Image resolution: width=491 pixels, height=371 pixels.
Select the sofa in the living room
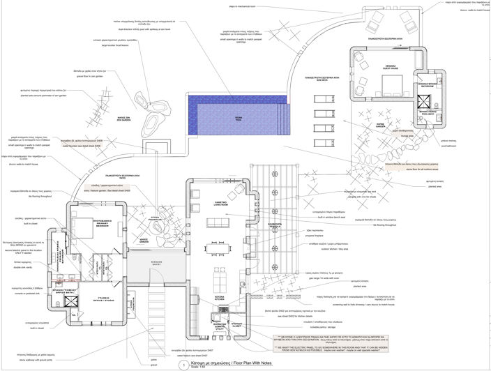pos(218,222)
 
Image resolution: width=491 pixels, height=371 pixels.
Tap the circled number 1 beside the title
pos(182,364)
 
